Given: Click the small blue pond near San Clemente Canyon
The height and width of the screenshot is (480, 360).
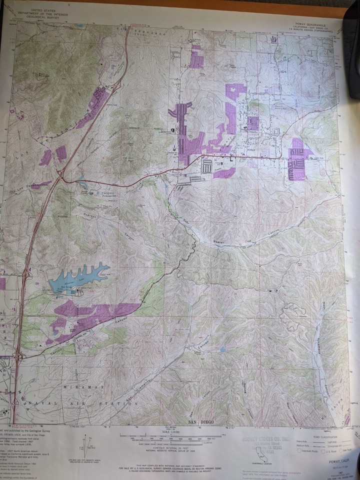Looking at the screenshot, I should [x=222, y=349].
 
